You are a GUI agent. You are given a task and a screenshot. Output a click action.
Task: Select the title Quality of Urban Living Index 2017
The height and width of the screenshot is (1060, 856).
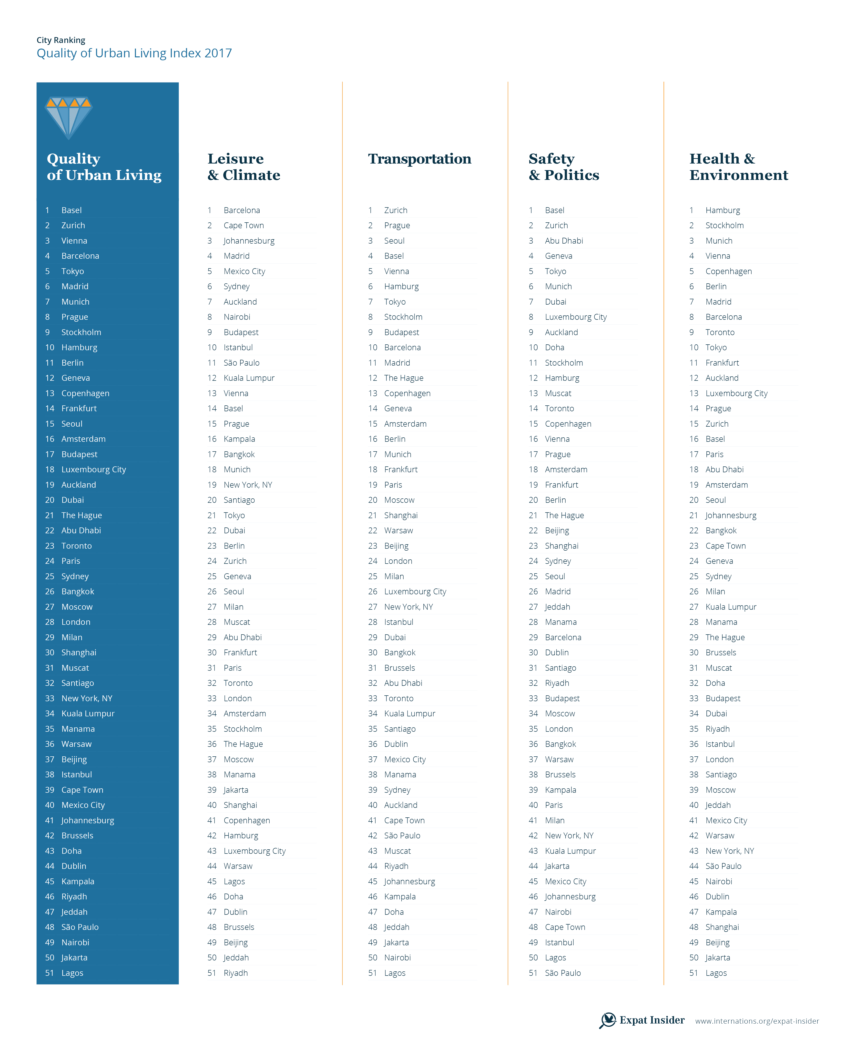point(134,53)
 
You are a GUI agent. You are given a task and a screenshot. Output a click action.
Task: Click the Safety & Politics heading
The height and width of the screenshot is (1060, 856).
point(564,167)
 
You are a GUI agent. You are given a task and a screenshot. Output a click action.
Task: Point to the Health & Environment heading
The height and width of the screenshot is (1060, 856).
point(738,167)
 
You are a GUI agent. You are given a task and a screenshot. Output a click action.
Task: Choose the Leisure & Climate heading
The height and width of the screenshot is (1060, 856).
point(244,167)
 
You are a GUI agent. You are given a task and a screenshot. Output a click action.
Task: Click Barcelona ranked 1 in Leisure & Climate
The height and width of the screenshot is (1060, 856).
point(242,210)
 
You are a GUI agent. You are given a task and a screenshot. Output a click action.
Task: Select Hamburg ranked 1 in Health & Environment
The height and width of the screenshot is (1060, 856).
point(722,210)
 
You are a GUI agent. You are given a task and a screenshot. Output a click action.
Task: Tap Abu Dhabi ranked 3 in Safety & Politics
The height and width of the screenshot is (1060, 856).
point(564,241)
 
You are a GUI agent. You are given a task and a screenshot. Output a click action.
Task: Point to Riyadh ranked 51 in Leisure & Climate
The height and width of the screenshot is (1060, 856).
point(236,973)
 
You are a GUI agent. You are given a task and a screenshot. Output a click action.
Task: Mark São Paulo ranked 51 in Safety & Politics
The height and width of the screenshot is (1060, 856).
point(563,973)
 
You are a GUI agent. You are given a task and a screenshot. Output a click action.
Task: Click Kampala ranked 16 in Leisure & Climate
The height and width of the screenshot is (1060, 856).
point(239,439)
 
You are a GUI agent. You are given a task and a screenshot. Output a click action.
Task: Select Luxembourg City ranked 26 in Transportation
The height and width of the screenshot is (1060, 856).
point(415,591)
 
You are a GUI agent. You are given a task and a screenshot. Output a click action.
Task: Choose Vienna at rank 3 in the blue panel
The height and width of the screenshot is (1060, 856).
point(74,241)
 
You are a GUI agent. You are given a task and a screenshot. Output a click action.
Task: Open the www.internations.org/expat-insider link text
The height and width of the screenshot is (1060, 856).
point(757,1021)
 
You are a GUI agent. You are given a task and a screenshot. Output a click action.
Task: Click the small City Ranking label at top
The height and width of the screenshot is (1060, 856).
point(61,40)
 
